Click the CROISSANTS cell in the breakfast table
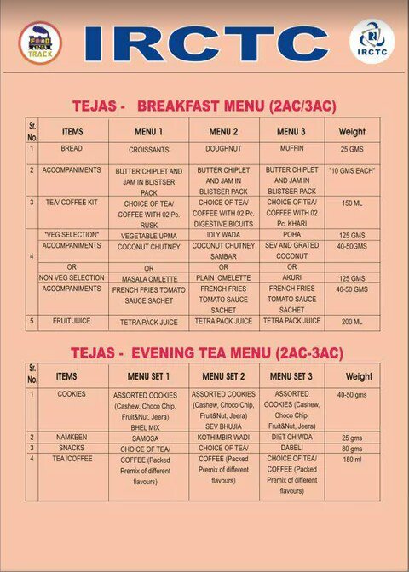pos(148,150)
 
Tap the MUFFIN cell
pos(291,149)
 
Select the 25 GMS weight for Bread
pos(351,150)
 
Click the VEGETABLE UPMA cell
pos(148,235)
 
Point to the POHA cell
pos(291,234)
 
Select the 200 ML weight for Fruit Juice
pos(351,323)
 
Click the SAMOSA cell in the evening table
pos(150,437)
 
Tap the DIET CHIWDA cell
pos(291,437)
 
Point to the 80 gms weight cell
pos(351,448)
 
